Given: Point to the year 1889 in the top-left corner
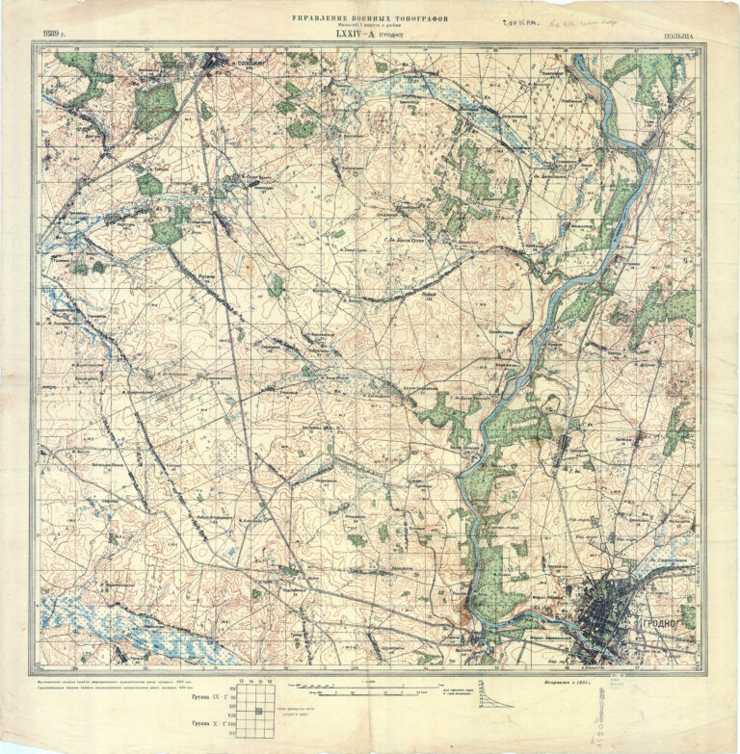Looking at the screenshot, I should tap(53, 36).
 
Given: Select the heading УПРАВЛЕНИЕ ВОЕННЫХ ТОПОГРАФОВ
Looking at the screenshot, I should tap(369, 17).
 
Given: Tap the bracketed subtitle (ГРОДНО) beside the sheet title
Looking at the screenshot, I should tap(390, 36).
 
